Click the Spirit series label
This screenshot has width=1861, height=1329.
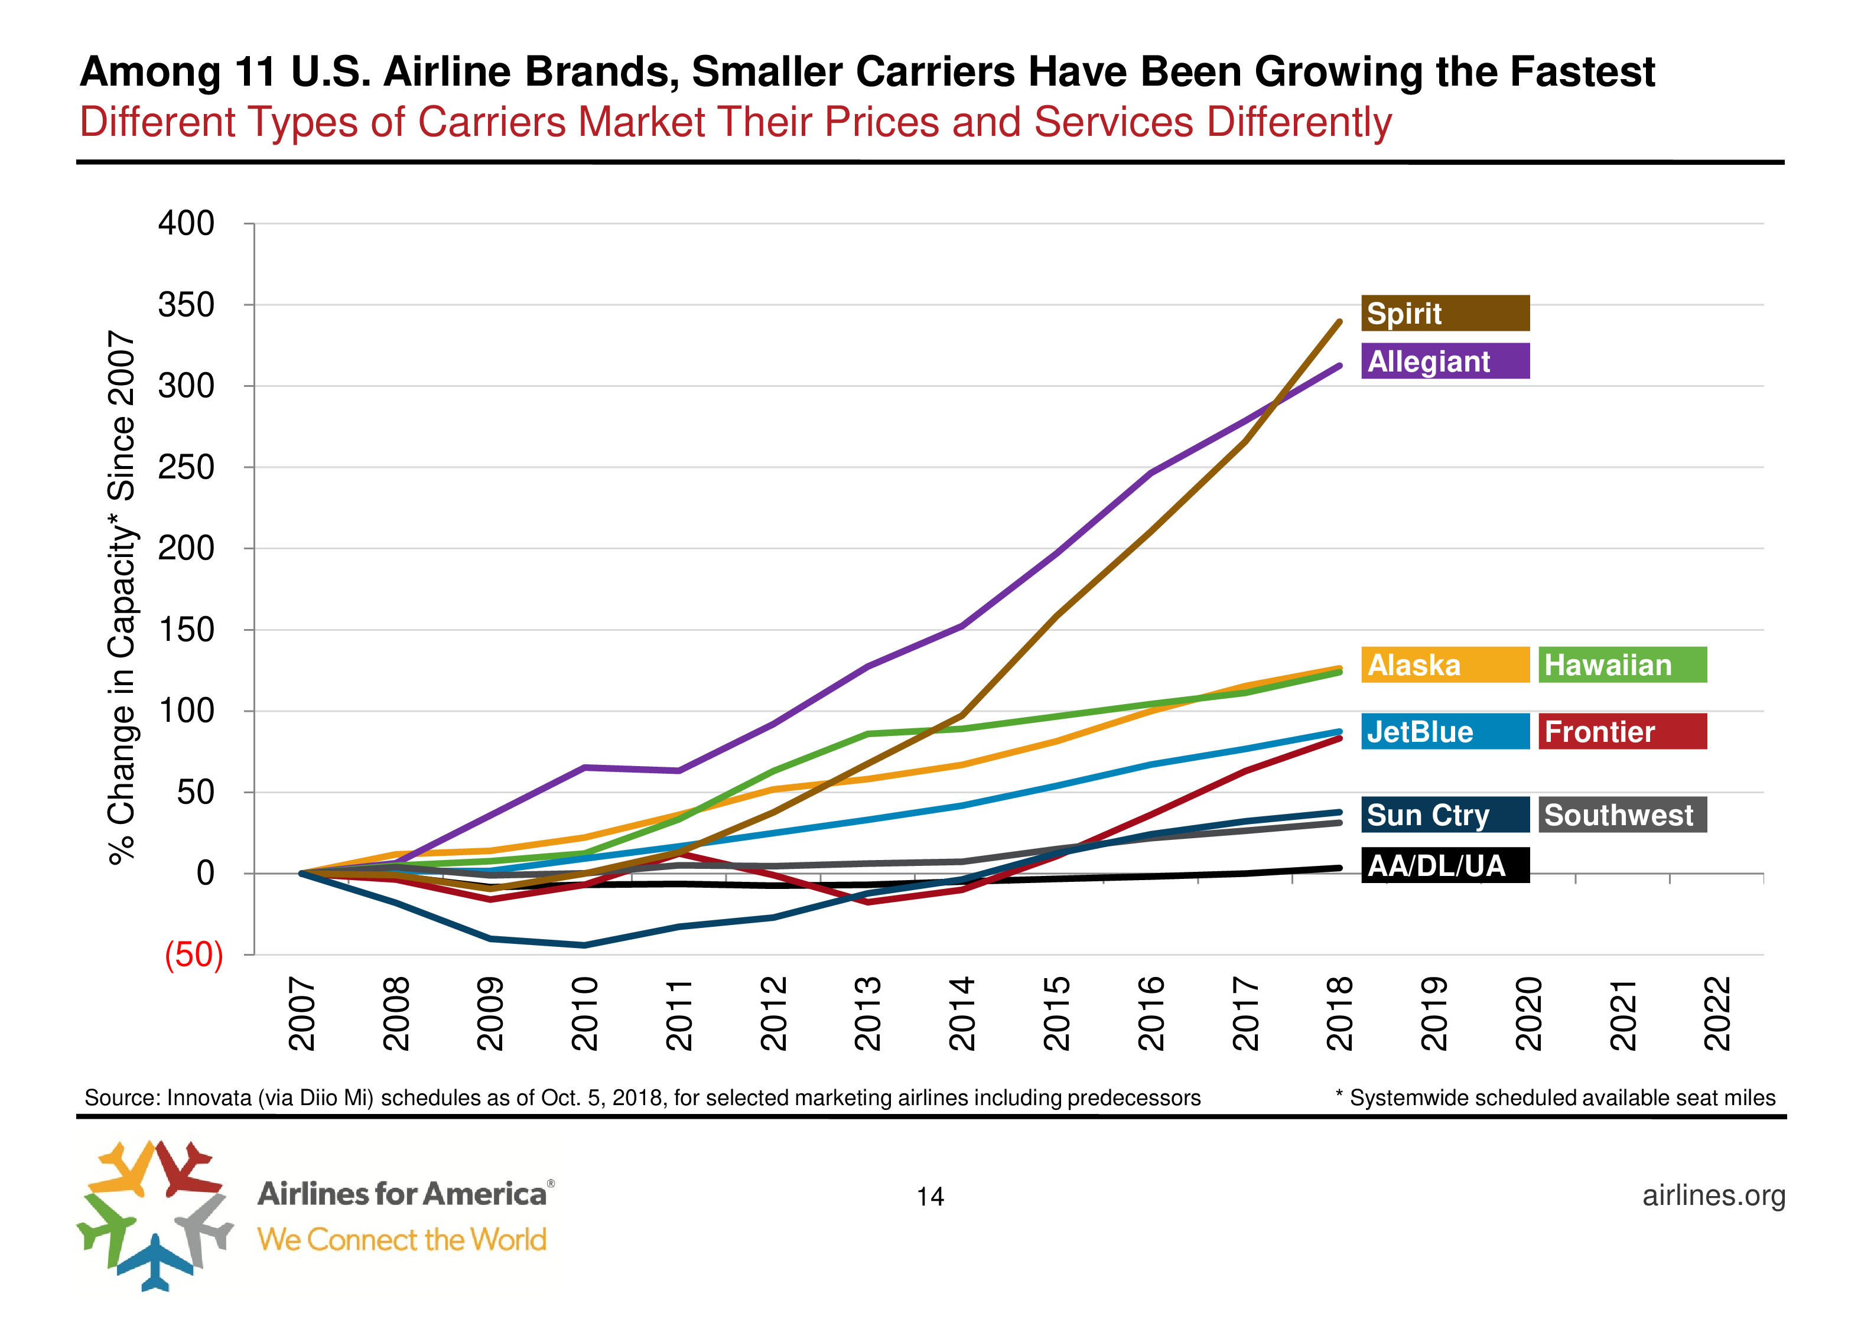(x=1444, y=314)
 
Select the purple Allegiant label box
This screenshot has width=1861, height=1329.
(x=1444, y=361)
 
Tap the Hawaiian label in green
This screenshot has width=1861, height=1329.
(x=1622, y=664)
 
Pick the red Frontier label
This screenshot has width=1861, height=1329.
(x=1622, y=732)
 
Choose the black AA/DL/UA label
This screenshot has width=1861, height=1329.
(x=1444, y=865)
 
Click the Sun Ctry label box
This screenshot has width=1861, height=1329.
(x=1444, y=815)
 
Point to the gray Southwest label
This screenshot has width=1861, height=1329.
(x=1622, y=815)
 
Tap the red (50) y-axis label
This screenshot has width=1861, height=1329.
(x=194, y=954)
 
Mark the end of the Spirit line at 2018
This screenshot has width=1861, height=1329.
(x=1339, y=321)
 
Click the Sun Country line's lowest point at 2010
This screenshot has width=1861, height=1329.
(x=584, y=945)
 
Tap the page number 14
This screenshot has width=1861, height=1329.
(x=930, y=1197)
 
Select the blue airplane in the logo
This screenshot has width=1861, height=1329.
(x=155, y=1261)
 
